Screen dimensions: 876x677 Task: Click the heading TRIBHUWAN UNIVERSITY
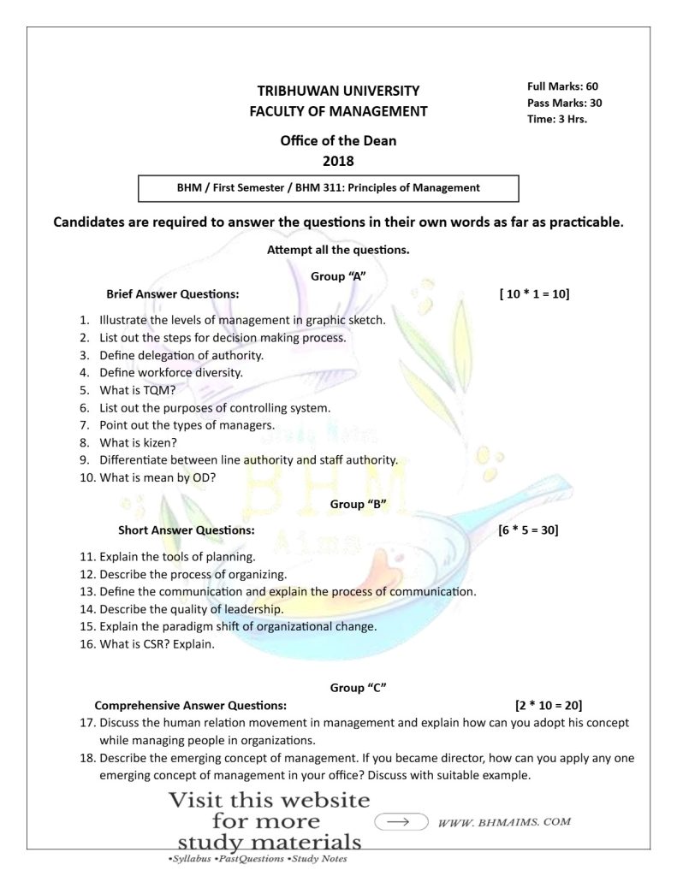338,91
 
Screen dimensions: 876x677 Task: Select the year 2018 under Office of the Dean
338,161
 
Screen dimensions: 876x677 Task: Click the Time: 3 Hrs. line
557,119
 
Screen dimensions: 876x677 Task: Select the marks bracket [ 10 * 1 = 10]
534,294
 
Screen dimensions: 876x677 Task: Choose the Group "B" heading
359,504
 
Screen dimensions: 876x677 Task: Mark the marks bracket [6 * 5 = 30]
528,530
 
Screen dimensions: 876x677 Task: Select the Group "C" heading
358,688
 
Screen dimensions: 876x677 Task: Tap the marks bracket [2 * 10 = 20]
549,706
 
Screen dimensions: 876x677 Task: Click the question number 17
86,723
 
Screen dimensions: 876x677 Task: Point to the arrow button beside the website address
401,822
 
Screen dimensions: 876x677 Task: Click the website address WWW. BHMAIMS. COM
503,822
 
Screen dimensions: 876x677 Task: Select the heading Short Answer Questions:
186,530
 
